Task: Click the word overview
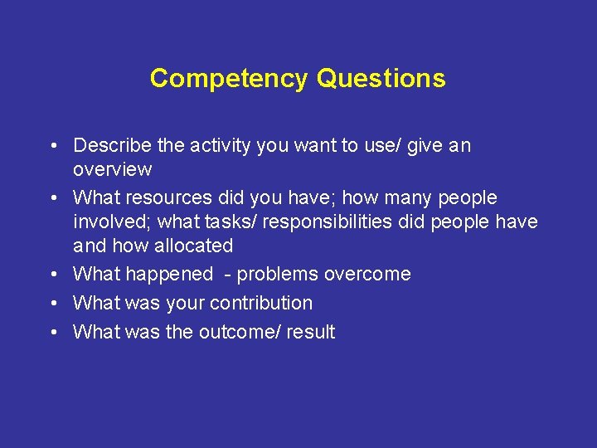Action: (113, 170)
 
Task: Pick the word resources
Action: (172, 198)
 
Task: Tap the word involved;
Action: (113, 222)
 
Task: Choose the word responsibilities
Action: (335, 222)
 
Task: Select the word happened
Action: (169, 275)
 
